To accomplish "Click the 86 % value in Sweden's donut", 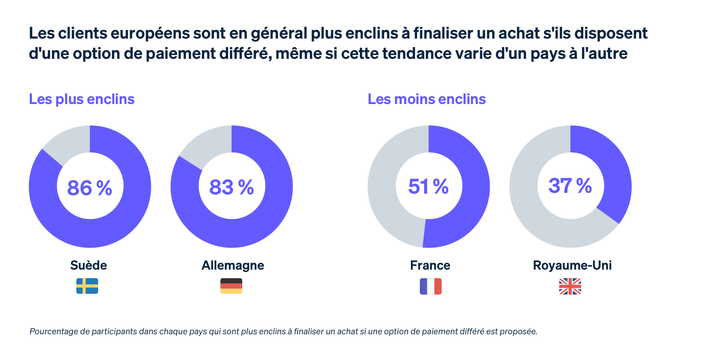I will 90,188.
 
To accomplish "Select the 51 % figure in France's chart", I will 428,187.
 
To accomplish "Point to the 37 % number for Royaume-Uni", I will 570,186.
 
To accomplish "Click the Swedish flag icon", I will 87,286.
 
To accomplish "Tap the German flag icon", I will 231,286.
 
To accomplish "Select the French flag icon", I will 430,286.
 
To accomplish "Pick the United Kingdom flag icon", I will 570,286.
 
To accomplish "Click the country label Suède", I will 88,265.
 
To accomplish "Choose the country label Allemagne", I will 232,265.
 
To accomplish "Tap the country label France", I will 430,265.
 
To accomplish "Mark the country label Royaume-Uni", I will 572,265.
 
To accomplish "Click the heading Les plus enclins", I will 82,99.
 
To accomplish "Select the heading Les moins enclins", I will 426,99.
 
